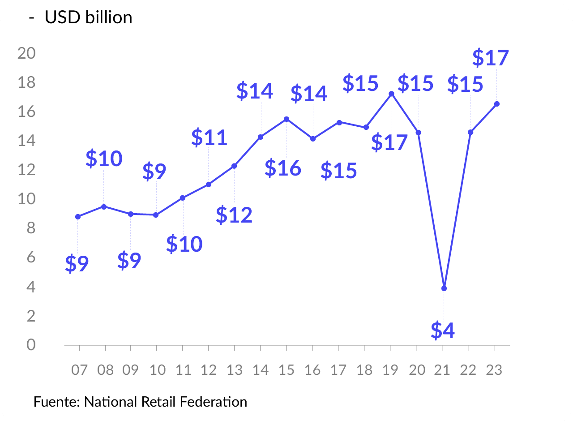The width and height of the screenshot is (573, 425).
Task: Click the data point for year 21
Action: [444, 288]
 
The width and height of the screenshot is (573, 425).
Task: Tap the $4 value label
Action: [443, 330]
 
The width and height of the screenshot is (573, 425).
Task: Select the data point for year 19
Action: [392, 94]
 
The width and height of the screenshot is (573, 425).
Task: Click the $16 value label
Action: [283, 168]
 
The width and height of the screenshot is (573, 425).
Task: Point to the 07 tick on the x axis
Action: [79, 370]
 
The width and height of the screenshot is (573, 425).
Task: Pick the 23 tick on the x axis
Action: [494, 370]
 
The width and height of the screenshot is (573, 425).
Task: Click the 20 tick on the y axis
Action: [26, 53]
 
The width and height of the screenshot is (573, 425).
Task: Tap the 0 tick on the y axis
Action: [30, 345]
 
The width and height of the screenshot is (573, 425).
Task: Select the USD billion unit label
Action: [88, 17]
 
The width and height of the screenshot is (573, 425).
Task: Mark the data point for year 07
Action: [78, 216]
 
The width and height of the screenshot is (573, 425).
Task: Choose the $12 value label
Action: [234, 215]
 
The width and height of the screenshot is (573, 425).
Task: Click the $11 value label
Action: [209, 137]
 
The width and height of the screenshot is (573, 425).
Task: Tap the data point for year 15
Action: [286, 119]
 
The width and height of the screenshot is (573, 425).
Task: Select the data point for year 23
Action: [497, 104]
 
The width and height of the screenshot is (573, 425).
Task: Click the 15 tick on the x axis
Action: [286, 370]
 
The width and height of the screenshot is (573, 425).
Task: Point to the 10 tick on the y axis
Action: [26, 199]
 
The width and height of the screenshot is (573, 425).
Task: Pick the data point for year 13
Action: [234, 166]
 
